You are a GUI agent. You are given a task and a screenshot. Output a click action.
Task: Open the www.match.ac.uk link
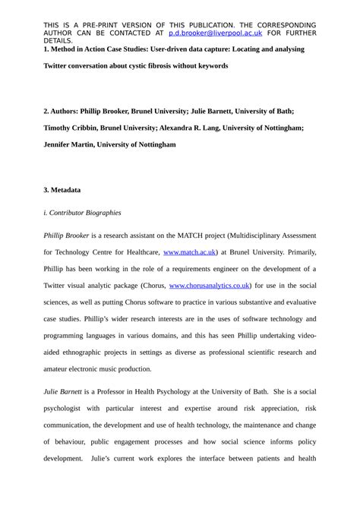190,251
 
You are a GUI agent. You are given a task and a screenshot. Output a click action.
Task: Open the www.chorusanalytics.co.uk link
209,285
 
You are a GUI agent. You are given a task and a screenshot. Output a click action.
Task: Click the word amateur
59,368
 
